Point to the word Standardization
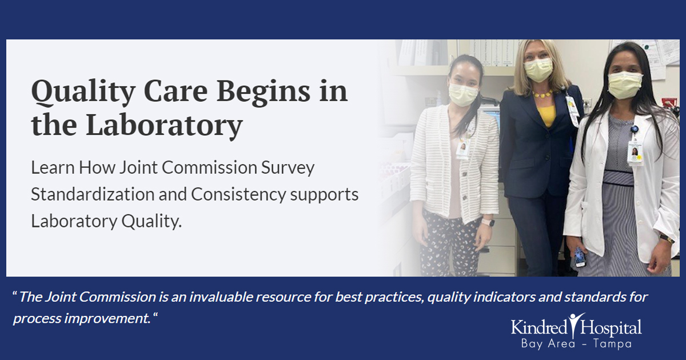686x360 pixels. [107, 194]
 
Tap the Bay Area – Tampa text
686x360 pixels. [576, 345]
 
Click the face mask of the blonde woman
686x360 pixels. [538, 70]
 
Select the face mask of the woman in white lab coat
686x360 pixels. [625, 85]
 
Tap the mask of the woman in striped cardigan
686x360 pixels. [462, 94]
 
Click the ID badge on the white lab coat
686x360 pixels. [635, 151]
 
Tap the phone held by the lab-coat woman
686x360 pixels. [580, 258]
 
